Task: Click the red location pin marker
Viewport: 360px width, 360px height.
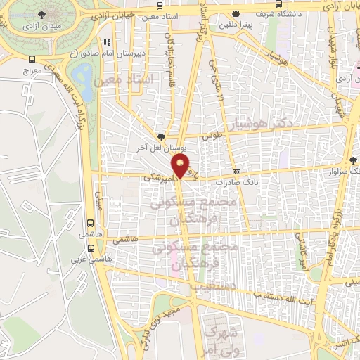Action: coord(181,166)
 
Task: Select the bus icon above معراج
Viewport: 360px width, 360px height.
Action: coord(32,60)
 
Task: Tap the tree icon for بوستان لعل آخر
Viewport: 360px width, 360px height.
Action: coord(161,137)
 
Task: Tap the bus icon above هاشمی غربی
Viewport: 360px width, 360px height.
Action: coord(91,247)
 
